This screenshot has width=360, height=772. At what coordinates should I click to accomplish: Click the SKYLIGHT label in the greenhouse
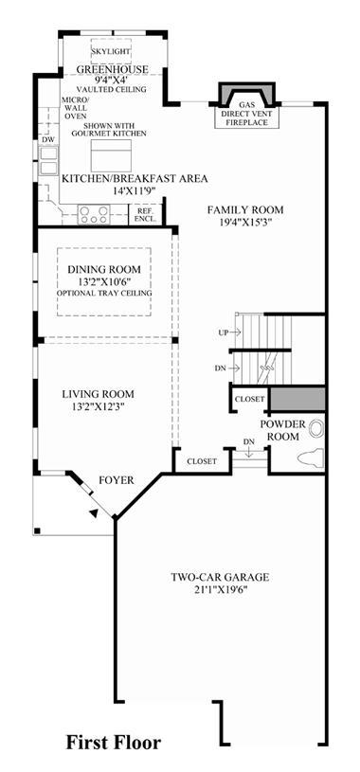click(111, 51)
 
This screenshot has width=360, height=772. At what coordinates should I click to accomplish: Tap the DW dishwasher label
click(47, 140)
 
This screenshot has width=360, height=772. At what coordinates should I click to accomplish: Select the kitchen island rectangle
click(111, 155)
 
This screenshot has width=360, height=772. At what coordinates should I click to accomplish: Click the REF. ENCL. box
click(145, 215)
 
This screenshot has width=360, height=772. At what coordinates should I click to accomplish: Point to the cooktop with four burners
click(94, 215)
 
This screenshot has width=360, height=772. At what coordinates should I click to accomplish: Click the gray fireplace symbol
click(246, 94)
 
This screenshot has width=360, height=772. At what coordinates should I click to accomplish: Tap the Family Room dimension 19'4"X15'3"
click(245, 223)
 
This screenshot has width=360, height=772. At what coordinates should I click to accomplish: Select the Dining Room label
click(104, 269)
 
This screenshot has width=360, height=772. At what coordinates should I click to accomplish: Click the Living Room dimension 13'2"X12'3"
click(98, 406)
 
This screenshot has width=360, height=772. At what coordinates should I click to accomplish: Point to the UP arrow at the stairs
click(235, 332)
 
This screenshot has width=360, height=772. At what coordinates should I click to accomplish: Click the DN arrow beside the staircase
click(235, 368)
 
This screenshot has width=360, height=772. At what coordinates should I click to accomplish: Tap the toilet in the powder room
click(311, 457)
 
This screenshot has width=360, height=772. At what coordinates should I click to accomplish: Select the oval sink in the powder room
click(316, 429)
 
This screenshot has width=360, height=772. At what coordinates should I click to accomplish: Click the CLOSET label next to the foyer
click(202, 462)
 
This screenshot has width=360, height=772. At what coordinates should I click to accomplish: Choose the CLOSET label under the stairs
click(250, 400)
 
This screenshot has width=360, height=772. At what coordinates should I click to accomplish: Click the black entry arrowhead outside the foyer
click(93, 513)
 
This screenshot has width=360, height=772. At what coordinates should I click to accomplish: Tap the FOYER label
click(117, 480)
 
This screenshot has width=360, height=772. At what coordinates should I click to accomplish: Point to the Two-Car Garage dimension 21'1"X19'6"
click(220, 589)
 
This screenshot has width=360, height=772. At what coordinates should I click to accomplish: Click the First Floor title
click(114, 743)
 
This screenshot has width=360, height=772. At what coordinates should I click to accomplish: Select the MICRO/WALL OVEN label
click(74, 107)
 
